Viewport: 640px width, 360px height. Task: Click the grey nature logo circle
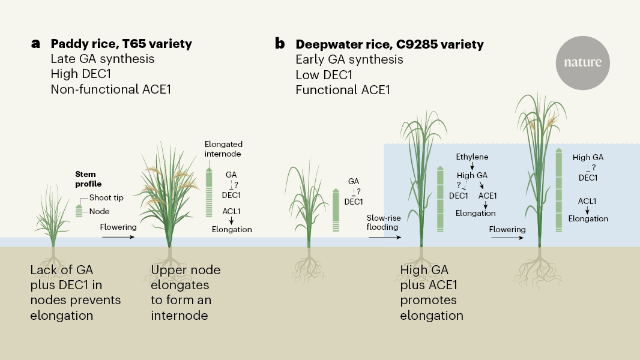[582, 62]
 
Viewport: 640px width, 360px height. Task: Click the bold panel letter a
[36, 44]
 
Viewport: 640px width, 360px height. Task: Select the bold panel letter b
[280, 44]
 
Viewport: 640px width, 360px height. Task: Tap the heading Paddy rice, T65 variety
[121, 44]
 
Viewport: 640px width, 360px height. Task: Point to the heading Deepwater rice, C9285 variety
[389, 44]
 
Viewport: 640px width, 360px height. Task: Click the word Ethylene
[472, 157]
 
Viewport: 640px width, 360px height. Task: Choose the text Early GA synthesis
[349, 59]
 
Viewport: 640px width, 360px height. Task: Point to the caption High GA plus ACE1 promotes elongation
[432, 293]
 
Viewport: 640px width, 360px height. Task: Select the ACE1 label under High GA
[488, 195]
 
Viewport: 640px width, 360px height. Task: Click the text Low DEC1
[324, 75]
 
